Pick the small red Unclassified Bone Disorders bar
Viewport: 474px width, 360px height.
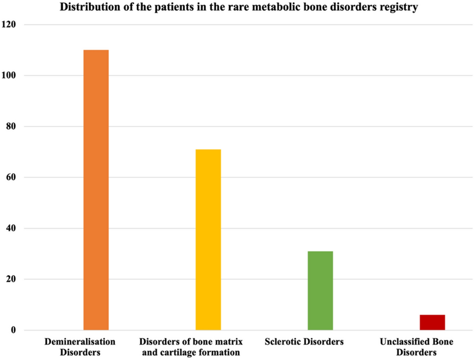coord(432,322)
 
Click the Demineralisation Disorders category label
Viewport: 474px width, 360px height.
coord(80,346)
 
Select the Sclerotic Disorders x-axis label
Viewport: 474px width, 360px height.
coord(304,341)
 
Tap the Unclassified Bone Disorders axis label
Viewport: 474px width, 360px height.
coord(417,346)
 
